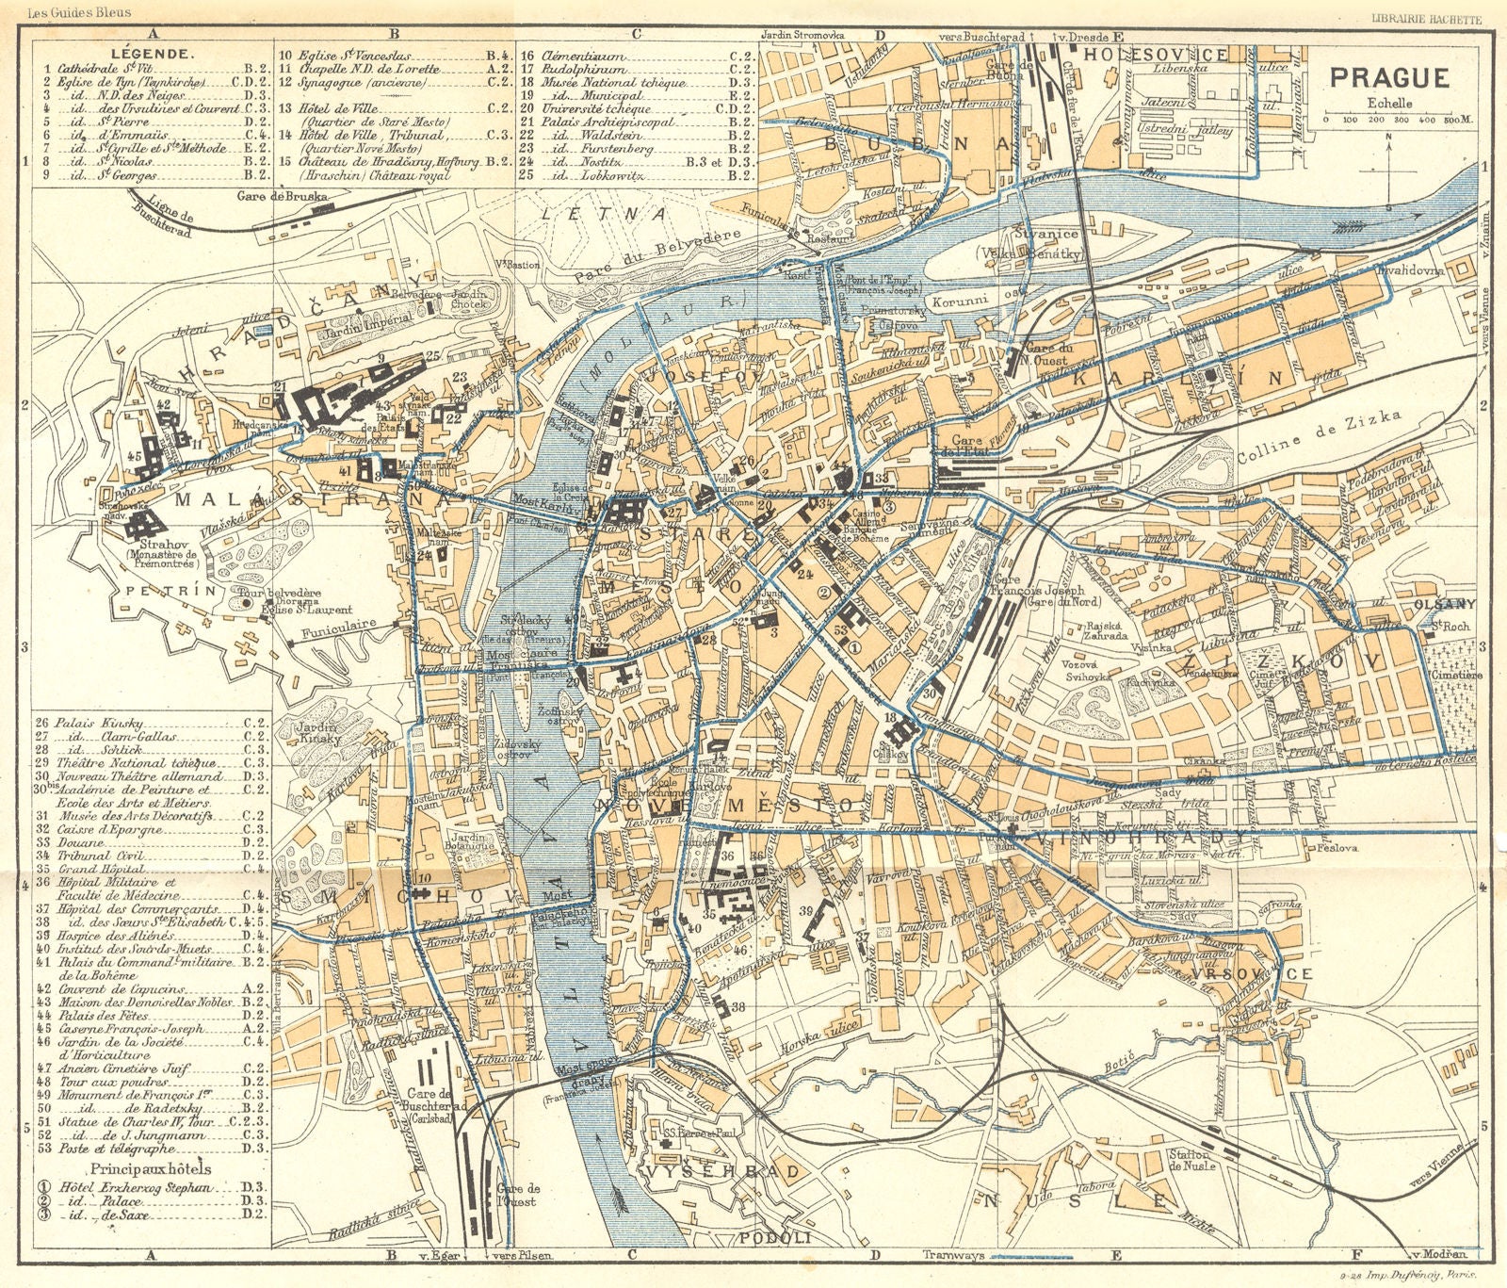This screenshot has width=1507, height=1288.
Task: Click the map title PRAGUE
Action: click(x=1389, y=76)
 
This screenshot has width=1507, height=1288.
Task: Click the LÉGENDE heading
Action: click(x=152, y=55)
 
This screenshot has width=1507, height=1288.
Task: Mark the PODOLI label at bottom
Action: click(x=775, y=1238)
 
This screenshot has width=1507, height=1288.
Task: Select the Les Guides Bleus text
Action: click(x=80, y=13)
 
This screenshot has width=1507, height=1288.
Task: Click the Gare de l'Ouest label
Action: click(x=522, y=1195)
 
